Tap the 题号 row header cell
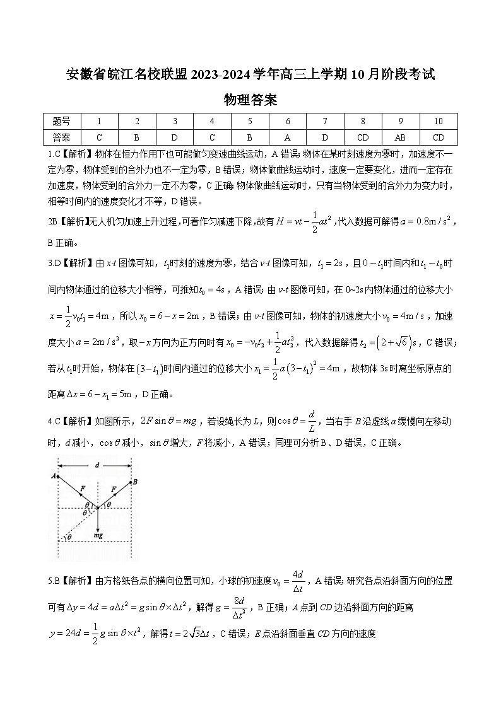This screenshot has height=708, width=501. pyautogui.click(x=62, y=122)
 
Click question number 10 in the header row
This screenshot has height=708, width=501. pyautogui.click(x=439, y=122)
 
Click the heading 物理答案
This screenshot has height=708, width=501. pyautogui.click(x=250, y=100)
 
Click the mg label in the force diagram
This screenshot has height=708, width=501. pyautogui.click(x=98, y=535)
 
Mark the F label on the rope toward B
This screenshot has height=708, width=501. pyautogui.click(x=114, y=488)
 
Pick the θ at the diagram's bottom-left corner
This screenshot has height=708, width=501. pyautogui.click(x=69, y=537)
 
